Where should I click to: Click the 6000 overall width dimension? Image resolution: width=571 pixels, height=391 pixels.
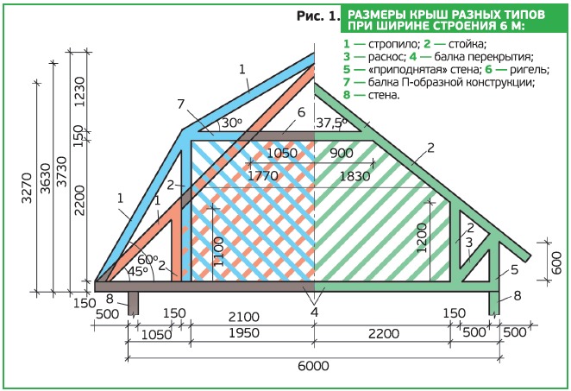point(313,365)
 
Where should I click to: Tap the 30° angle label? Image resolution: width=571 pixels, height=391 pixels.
point(232,123)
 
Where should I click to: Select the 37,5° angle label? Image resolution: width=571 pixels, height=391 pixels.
point(331,123)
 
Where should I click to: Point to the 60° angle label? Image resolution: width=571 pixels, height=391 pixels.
point(147,260)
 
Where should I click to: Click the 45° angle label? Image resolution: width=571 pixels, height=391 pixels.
point(137,272)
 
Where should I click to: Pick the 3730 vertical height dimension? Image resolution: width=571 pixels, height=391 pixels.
point(62,172)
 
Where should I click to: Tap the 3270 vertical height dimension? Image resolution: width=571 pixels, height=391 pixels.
point(28,187)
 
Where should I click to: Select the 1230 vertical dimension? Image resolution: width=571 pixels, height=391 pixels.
point(79,91)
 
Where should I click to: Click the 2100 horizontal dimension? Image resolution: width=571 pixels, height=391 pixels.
point(243,317)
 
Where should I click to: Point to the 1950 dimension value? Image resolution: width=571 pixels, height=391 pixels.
point(243,332)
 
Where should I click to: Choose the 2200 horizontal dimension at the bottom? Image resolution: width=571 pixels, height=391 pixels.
point(384,333)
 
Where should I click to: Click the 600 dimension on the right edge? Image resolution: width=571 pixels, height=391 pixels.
point(556,263)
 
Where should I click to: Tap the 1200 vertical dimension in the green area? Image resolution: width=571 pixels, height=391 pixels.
point(421,238)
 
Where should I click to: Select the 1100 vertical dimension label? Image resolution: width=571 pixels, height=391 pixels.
point(218,251)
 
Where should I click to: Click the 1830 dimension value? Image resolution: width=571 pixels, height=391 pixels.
point(355,176)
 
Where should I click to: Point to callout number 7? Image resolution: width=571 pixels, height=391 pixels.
point(181,104)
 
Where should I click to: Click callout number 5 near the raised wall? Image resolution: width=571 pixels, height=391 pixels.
point(514,269)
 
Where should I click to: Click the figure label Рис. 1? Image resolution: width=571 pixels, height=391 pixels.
point(318,16)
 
